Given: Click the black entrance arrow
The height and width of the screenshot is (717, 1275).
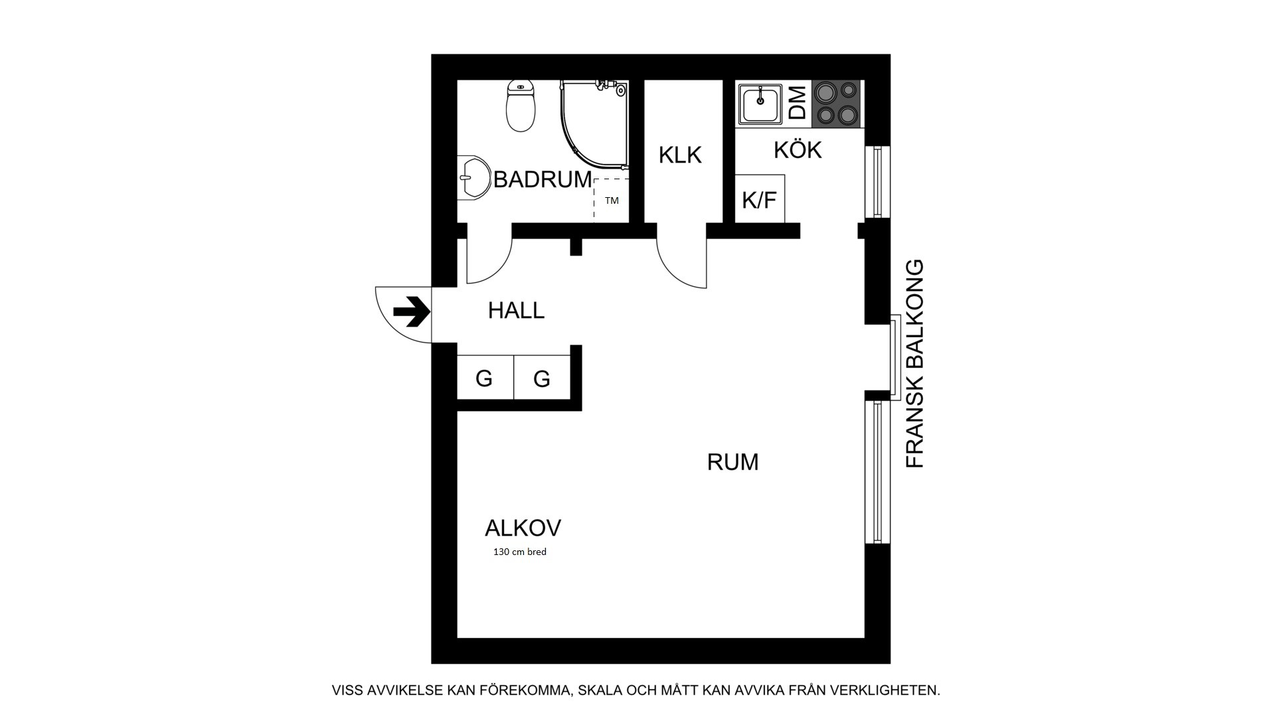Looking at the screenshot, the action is click(x=412, y=311).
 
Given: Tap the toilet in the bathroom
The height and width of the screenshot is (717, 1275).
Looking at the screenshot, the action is click(x=521, y=106).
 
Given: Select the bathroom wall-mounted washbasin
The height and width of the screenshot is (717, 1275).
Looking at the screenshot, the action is click(x=473, y=177).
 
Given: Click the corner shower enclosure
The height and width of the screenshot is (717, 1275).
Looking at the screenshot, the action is click(x=594, y=123).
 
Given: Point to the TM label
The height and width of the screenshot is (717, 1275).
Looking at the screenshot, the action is click(x=612, y=200).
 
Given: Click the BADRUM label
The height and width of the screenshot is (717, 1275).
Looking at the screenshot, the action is click(x=542, y=179).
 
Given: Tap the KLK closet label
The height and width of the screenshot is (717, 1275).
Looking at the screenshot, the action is click(x=680, y=155).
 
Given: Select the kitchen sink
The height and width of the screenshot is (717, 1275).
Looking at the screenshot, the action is click(x=760, y=104).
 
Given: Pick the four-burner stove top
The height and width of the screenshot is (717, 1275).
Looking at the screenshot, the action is click(x=836, y=103).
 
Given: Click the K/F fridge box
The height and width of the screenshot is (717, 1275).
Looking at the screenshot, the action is click(x=760, y=199).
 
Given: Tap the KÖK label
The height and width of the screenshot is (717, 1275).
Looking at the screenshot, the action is click(x=798, y=150).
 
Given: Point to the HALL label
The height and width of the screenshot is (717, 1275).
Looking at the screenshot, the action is click(x=516, y=310).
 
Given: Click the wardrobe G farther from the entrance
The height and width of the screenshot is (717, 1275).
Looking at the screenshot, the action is click(x=542, y=377).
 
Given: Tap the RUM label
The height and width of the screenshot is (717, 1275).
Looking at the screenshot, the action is click(x=732, y=462).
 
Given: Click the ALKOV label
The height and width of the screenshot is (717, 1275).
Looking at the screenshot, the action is click(x=523, y=528).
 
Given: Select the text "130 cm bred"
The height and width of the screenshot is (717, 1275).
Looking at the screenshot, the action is click(x=519, y=552).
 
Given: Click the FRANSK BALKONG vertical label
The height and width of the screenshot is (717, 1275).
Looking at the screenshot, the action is click(x=915, y=364).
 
